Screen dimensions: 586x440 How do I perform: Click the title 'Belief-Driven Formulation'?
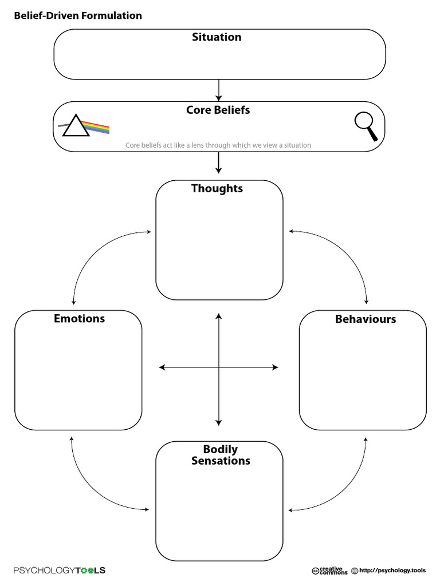point(77,16)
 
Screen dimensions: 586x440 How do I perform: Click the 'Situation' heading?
point(217,37)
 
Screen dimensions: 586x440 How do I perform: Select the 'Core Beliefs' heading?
point(218,110)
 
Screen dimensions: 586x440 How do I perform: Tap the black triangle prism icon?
point(76,126)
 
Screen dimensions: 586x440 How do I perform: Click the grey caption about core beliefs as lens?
point(218,145)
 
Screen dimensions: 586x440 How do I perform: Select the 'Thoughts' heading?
point(217,188)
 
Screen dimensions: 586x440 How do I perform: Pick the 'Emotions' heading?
point(79,318)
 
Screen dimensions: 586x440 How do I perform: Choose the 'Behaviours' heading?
point(365,319)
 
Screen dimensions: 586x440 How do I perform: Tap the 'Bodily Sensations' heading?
point(221,455)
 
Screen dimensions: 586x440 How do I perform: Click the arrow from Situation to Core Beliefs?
point(218,90)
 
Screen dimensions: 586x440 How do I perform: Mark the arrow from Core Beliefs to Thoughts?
point(218,163)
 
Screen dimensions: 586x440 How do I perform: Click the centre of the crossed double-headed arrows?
point(218,367)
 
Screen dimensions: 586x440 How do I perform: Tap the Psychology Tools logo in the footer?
point(60,571)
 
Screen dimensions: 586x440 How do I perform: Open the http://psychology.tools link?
point(392,571)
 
